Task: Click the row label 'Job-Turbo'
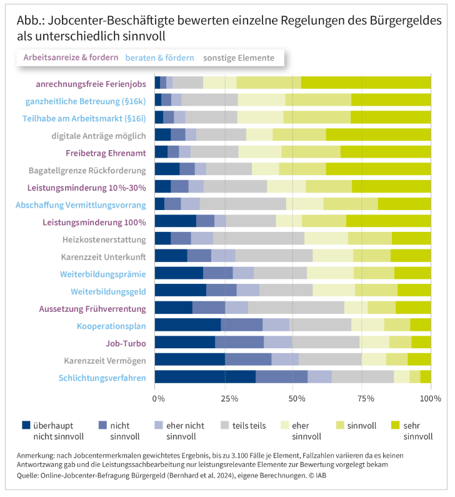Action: (x=126, y=343)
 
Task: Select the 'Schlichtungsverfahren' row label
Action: (x=102, y=378)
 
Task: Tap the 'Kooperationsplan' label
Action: (x=111, y=326)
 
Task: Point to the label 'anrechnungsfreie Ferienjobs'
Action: (x=91, y=83)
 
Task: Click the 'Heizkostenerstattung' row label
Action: (x=104, y=239)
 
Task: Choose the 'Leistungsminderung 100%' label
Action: (x=94, y=222)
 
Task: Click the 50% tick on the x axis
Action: (x=292, y=398)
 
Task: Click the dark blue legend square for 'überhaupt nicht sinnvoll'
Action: (x=26, y=425)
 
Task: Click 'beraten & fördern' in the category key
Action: (x=159, y=58)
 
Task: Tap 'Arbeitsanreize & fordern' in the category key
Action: (x=71, y=58)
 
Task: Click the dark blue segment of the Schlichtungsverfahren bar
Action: (x=205, y=376)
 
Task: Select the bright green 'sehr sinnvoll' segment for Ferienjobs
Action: (x=366, y=83)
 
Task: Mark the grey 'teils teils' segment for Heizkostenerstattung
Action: (x=258, y=238)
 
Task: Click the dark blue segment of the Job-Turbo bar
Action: (x=184, y=341)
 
